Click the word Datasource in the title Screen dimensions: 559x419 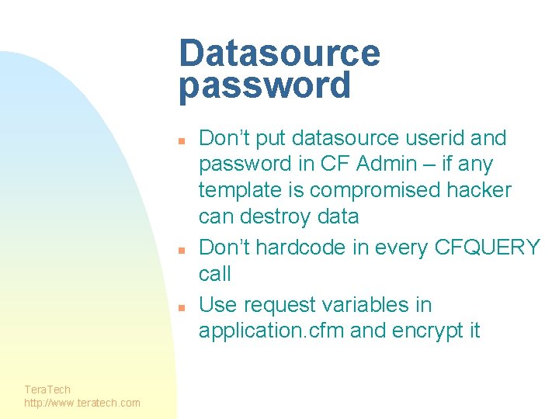pyautogui.click(x=279, y=54)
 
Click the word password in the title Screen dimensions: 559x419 pyautogui.click(x=265, y=85)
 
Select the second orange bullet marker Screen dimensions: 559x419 pyautogui.click(x=180, y=251)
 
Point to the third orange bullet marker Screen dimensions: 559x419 pyautogui.click(x=180, y=307)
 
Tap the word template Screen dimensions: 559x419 pyautogui.click(x=236, y=191)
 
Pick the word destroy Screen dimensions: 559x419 pyautogui.click(x=276, y=216)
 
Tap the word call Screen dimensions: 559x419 pyautogui.click(x=215, y=273)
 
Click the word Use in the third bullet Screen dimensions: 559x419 pyautogui.click(x=216, y=305)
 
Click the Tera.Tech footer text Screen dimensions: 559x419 pyautogui.click(x=47, y=390)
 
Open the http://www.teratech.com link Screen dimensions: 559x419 pyautogui.click(x=82, y=402)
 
